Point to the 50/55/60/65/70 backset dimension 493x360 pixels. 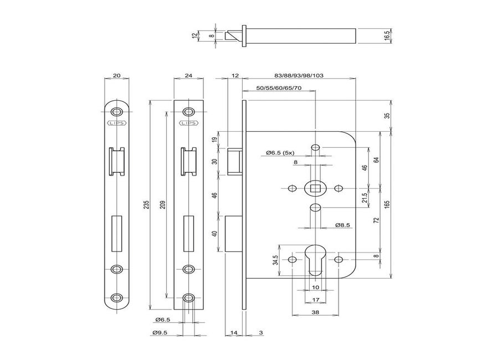click(279, 88)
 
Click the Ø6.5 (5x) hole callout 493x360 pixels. click(282, 152)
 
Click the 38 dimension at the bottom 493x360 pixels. click(315, 311)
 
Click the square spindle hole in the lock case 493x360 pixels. click(315, 188)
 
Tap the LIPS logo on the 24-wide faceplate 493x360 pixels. click(188, 124)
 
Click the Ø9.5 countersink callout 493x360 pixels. click(162, 332)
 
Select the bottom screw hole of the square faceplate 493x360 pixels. click(188, 297)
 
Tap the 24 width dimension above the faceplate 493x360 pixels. click(188, 75)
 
